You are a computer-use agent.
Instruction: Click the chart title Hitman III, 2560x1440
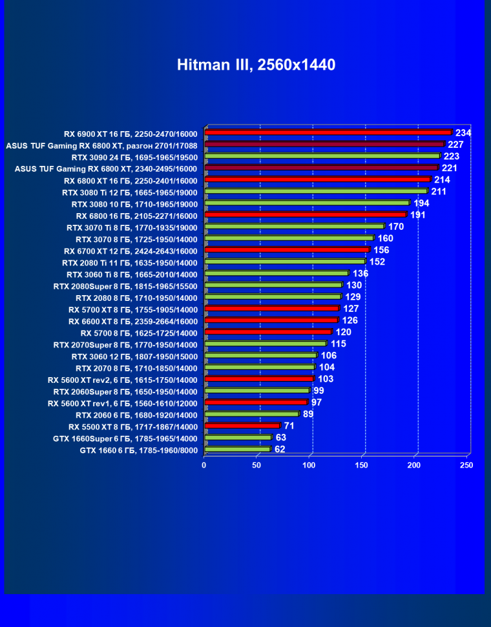pos(256,65)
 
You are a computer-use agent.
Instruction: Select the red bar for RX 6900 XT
pos(328,132)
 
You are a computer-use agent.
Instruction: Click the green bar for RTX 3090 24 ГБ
pos(322,156)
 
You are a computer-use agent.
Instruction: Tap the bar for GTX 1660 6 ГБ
pos(237,449)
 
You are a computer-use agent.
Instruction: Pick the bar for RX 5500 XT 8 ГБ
pos(242,426)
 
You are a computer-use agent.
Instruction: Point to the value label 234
pos(463,133)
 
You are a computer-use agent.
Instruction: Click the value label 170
pos(396,227)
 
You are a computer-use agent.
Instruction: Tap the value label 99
pos(319,391)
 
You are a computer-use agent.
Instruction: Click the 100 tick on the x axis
pos(309,465)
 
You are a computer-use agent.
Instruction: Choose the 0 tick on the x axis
pos(204,465)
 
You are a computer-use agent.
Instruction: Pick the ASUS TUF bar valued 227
pos(324,144)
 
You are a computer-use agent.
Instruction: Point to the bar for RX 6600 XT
pos(271,320)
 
